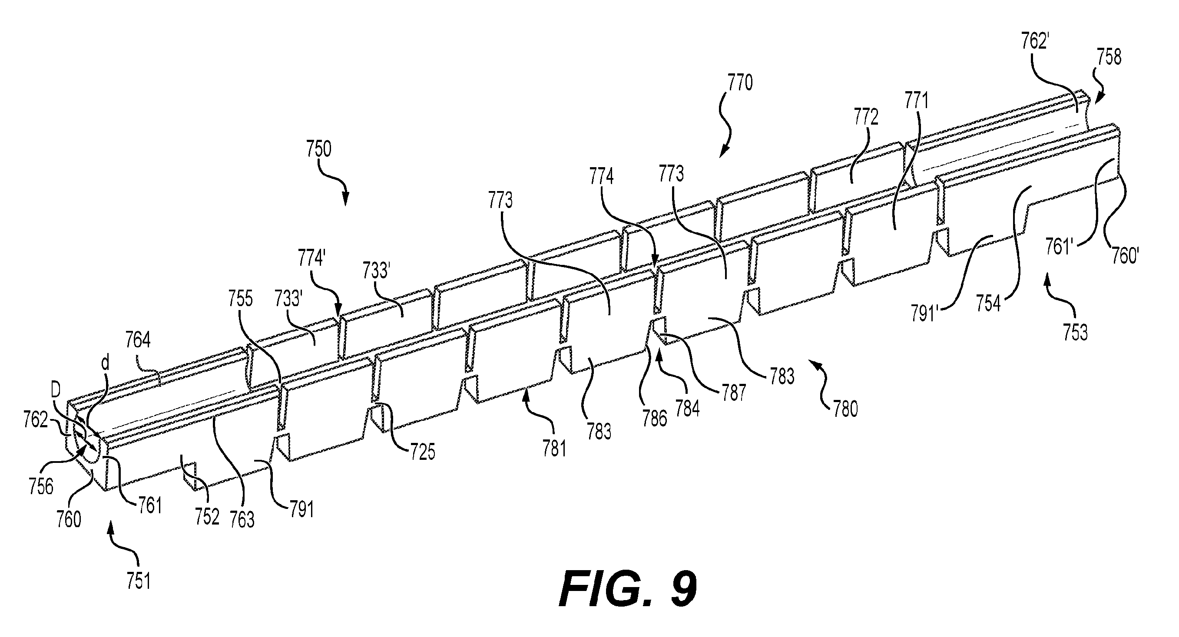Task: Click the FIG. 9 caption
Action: click(629, 589)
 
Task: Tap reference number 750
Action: click(318, 150)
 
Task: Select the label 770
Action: click(740, 83)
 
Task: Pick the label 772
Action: click(865, 118)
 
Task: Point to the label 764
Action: click(138, 341)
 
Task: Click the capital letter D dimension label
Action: click(55, 389)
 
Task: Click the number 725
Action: click(422, 452)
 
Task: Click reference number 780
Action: click(845, 409)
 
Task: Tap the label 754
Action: click(988, 304)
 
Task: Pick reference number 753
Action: click(1075, 333)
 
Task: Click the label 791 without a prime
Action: click(301, 510)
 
